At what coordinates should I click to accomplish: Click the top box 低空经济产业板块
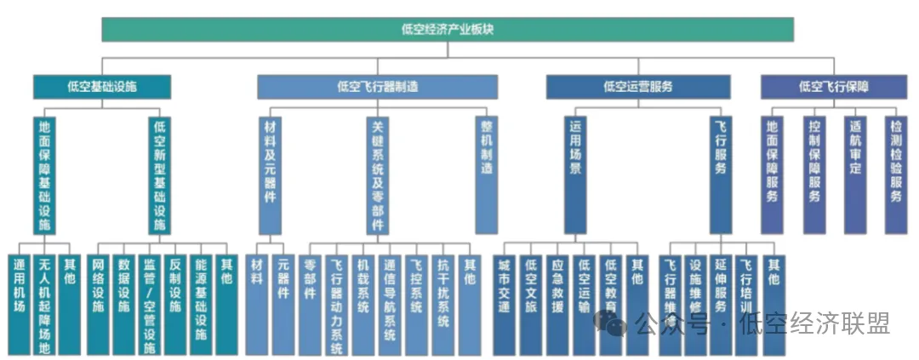pos(448,29)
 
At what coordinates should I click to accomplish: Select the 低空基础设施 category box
pos(102,86)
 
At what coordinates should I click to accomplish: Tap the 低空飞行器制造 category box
pos(377,86)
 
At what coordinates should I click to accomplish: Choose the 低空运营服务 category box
pos(638,86)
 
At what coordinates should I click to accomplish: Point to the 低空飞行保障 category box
pos(839,86)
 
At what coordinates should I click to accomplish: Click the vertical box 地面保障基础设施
pos(45,174)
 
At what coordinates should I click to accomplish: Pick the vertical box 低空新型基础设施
pos(159,174)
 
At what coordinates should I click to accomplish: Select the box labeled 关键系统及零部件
pos(378,174)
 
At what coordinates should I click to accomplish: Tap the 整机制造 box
pos(486,174)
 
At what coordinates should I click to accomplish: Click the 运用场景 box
pos(575,174)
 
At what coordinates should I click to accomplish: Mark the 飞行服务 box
pos(721,174)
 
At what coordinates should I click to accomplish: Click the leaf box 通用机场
pos(19,303)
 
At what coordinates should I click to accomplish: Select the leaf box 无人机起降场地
pos(45,303)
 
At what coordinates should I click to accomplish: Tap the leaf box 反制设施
pos(175,303)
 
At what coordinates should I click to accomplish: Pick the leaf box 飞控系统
pos(416,303)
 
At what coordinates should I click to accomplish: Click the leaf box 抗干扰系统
pos(442,303)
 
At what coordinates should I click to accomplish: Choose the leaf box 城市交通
pos(505,303)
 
